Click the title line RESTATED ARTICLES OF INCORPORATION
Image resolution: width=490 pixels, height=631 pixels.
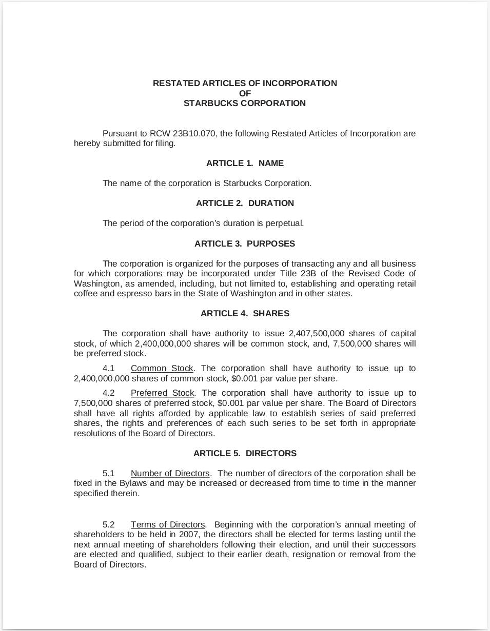(245, 84)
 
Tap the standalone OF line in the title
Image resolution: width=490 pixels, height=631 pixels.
(245, 93)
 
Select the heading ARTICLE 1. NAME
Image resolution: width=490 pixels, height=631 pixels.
(245, 164)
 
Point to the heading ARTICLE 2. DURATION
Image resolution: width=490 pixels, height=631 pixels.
(245, 203)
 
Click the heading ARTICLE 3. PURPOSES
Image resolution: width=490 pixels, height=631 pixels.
(245, 244)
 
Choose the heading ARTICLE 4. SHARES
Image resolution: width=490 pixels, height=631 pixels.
(245, 314)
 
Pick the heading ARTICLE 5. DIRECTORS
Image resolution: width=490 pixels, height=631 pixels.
(245, 454)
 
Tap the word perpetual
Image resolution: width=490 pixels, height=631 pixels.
(285, 223)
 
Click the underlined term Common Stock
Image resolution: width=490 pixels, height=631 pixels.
(162, 369)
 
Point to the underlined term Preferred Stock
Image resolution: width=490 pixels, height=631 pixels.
(163, 393)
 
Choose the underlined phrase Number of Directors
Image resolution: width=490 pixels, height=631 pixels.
(170, 474)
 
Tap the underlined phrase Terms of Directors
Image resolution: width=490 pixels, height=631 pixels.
(168, 525)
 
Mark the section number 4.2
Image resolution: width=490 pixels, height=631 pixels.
(108, 393)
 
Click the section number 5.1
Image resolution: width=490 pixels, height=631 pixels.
(108, 474)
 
